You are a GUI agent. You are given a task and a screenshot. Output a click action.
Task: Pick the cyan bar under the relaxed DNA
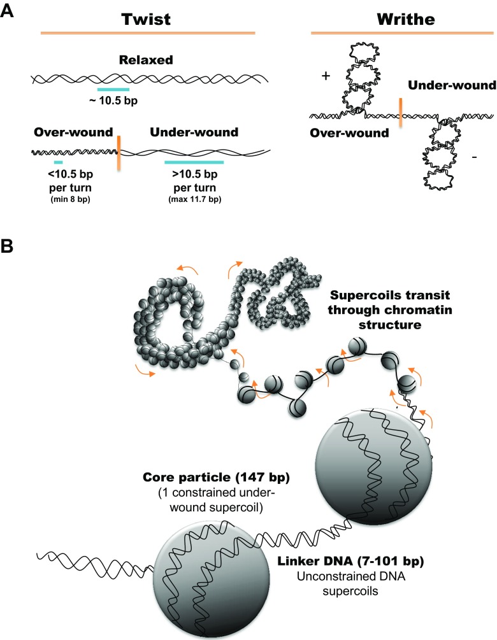point(113,90)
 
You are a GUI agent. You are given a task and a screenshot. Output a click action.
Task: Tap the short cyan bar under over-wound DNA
point(58,163)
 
